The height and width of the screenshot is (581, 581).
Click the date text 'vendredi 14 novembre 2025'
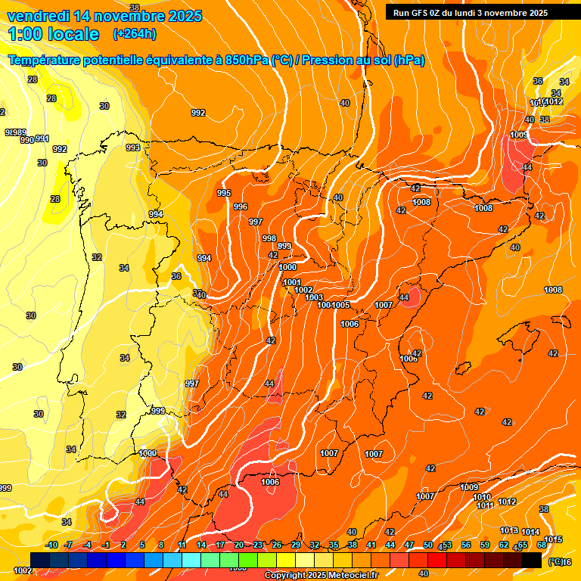pos(104,16)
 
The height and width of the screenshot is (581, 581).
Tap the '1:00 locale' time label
pos(54,34)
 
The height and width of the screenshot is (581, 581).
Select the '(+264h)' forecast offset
pos(135,34)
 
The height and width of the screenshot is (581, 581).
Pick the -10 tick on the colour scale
pos(51,545)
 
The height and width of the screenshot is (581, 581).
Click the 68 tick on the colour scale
pos(542,545)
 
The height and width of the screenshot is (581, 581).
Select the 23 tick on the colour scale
pos(258,545)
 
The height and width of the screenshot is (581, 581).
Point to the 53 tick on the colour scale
pos(447,545)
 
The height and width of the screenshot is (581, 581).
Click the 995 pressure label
pos(224,194)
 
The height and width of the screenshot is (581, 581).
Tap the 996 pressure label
pos(241,207)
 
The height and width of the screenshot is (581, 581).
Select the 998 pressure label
pos(269,238)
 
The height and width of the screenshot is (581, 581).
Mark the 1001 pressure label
pos(292,282)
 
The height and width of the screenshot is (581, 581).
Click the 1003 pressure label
pos(315,297)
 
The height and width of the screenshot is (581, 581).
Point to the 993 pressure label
pos(133,148)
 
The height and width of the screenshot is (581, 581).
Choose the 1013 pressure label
pos(509,531)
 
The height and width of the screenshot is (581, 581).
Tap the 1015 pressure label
pos(553,539)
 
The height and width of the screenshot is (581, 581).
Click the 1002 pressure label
pos(303,290)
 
